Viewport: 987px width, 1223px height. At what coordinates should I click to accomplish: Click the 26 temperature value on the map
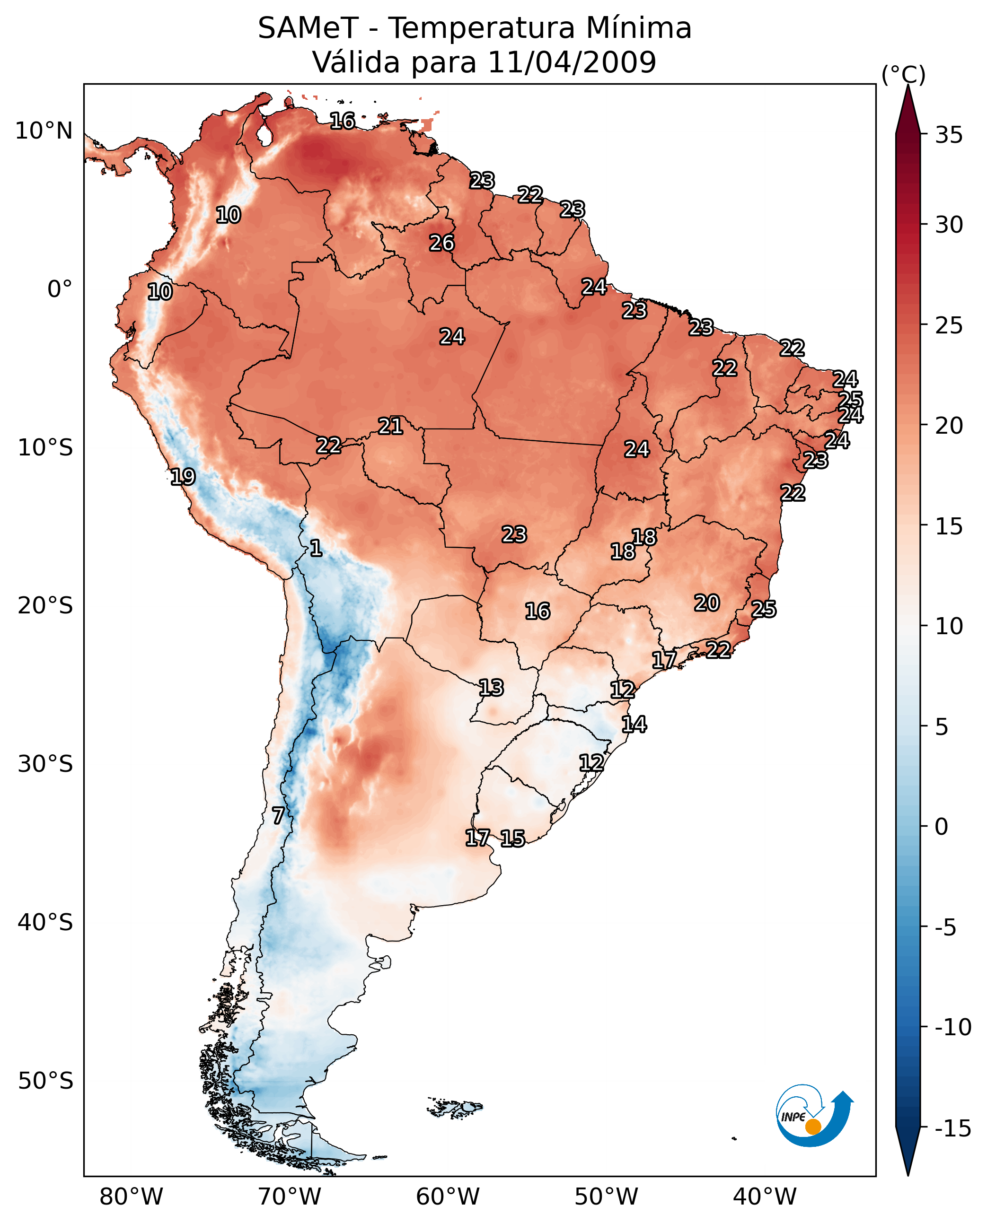442,243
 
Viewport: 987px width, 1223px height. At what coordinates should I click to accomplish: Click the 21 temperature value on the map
391,426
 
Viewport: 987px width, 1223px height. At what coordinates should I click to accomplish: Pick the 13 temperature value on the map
491,688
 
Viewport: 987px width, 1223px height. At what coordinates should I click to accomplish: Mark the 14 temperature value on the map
634,724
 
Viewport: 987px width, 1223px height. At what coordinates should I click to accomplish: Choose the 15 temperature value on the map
512,838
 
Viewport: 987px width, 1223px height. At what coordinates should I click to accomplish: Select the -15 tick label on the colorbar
952,1129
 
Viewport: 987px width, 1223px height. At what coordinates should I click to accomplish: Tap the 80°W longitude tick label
132,1197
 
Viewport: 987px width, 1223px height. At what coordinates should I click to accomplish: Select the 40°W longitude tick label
765,1197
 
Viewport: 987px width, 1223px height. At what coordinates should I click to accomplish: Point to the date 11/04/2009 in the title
572,62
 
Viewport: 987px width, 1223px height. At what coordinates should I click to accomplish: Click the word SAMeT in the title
308,28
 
